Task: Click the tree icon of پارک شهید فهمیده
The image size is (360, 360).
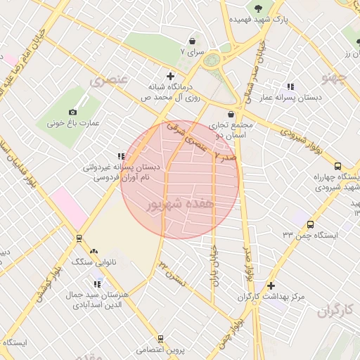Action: coord(259,9)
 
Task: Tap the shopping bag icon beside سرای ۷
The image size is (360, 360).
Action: coord(192,41)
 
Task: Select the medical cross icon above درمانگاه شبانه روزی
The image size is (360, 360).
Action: coord(170,76)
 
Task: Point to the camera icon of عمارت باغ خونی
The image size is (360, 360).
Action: coord(72,112)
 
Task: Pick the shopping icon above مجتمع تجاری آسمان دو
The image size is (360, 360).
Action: coord(231,114)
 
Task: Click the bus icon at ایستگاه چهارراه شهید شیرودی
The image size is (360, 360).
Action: coord(338,167)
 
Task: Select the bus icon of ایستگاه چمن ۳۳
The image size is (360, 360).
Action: coord(309,224)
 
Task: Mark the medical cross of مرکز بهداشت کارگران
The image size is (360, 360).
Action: coord(271,286)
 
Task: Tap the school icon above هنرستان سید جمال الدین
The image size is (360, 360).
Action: coord(97,284)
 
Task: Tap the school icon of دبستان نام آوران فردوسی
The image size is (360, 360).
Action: coord(121,156)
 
